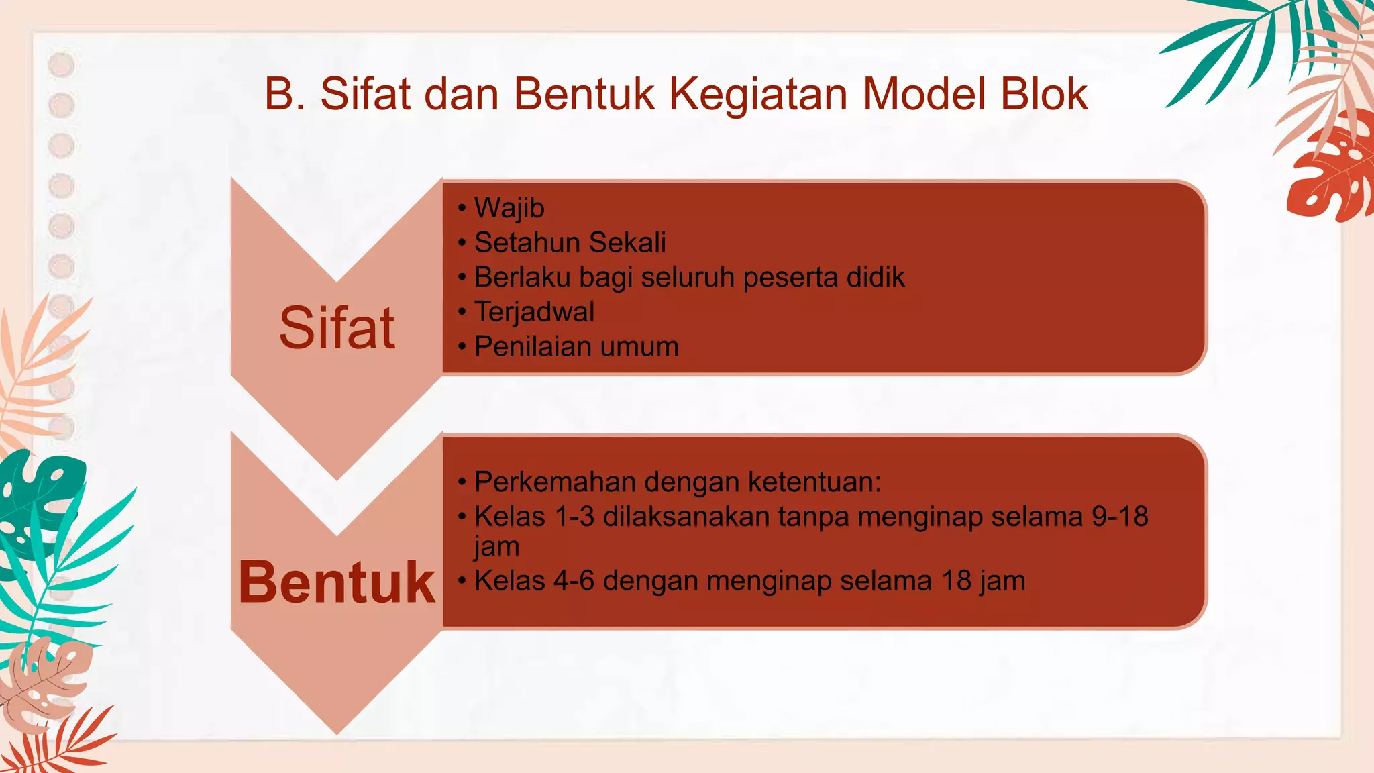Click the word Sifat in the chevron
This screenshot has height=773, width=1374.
pos(337,328)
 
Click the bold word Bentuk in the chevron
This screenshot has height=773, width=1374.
pos(337,582)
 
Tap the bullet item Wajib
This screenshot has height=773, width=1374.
pos(509,208)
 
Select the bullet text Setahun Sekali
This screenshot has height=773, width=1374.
pos(570,242)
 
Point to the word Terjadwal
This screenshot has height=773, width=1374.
pos(534,312)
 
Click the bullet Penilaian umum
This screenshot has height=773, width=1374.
pos(576,347)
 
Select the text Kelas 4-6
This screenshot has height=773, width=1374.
pos(534,581)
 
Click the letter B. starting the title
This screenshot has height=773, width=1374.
pos(284,94)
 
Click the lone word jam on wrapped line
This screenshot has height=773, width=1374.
pos(496,546)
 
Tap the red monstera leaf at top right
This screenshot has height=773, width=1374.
pos(1332,171)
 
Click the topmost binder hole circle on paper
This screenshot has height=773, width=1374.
pos(62,65)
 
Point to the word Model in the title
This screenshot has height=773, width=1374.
pos(925,94)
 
